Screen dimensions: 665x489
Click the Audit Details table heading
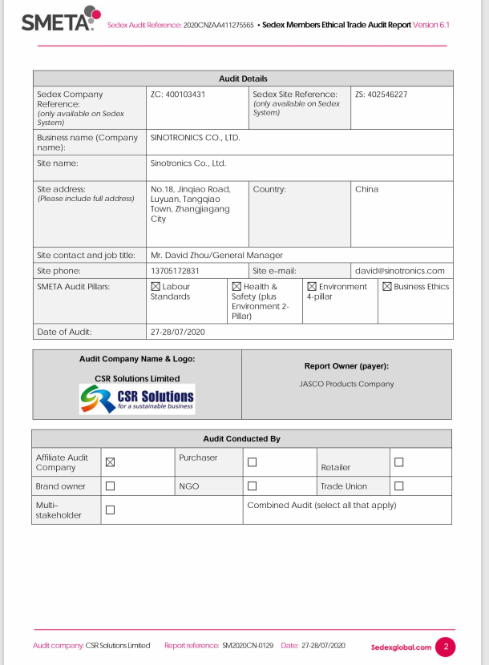[243, 79]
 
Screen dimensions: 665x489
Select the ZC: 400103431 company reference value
[178, 95]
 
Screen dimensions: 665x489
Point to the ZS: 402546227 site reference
[381, 95]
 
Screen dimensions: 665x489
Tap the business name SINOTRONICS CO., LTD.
[195, 138]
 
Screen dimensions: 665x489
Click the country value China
[366, 190]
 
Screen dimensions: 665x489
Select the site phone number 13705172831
[175, 271]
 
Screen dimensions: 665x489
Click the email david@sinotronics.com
[399, 271]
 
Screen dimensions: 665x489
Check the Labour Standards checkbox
[156, 287]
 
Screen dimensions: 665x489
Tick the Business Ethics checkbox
[387, 287]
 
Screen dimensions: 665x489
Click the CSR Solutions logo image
[136, 398]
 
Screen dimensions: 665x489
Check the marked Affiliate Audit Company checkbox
[111, 461]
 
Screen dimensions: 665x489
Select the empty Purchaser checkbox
[252, 462]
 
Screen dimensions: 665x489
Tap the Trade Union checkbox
[398, 486]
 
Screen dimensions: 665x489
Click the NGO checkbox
[252, 486]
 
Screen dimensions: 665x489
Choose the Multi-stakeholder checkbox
[111, 510]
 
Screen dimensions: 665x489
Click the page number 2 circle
[445, 646]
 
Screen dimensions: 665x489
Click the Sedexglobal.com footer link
[401, 647]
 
